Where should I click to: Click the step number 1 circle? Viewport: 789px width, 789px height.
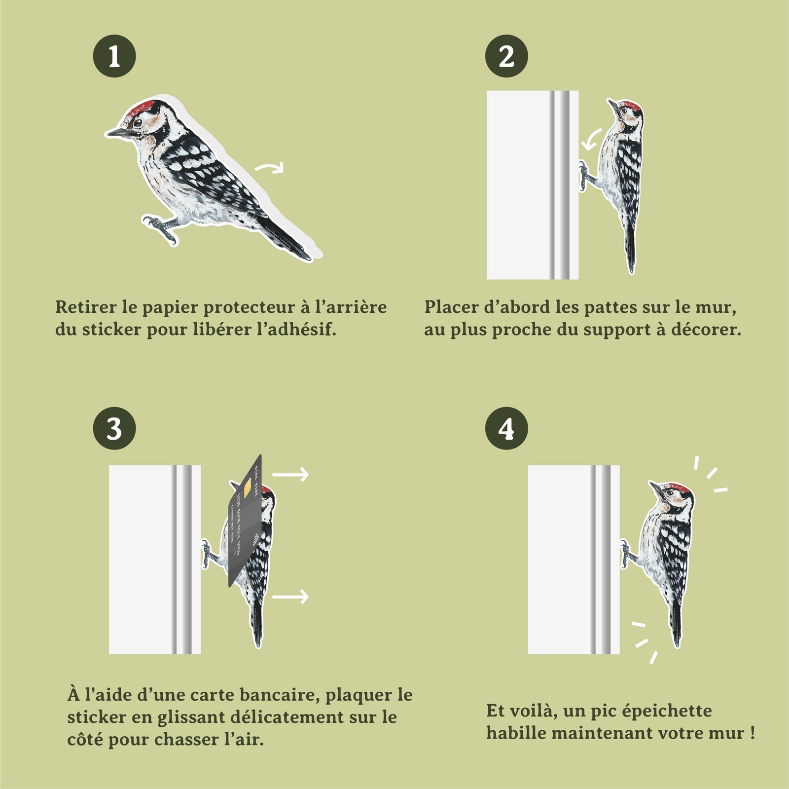point(114,56)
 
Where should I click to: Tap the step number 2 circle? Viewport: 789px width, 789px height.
point(506,56)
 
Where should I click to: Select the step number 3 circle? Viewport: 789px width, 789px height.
point(114,428)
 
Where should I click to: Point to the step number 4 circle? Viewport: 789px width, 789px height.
point(506,428)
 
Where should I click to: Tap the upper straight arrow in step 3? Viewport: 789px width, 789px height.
point(290,474)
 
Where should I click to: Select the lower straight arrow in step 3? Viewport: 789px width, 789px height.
point(290,597)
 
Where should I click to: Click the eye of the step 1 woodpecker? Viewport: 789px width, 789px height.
point(139,122)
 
